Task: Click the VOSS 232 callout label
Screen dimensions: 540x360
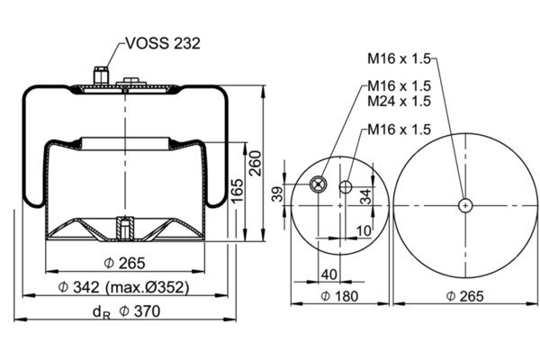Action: click(x=163, y=43)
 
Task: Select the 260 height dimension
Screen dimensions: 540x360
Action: click(x=256, y=163)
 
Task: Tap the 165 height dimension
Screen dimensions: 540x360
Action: click(x=237, y=191)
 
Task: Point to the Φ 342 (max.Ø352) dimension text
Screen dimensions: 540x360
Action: click(x=123, y=286)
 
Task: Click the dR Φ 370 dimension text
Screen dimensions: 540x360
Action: click(x=126, y=311)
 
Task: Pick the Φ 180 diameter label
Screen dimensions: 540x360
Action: click(x=339, y=296)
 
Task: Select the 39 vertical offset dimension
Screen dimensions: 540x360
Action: click(x=277, y=193)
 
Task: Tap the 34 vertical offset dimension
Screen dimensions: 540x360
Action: click(x=365, y=196)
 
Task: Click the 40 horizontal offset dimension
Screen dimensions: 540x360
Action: click(x=328, y=274)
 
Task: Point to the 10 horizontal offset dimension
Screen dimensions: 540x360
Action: click(x=364, y=230)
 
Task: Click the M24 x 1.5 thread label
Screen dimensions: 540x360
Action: click(x=399, y=101)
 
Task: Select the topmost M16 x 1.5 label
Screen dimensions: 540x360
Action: click(x=399, y=58)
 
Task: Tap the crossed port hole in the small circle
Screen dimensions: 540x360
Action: click(x=318, y=184)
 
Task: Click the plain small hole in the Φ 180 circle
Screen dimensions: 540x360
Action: click(x=346, y=186)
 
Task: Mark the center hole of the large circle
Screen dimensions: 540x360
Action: click(x=465, y=206)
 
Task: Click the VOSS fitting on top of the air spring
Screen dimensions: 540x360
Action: click(x=101, y=76)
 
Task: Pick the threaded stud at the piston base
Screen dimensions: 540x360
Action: click(x=125, y=228)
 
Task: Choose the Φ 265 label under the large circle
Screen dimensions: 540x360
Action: click(x=465, y=296)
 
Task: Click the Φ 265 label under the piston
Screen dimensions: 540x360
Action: click(x=124, y=264)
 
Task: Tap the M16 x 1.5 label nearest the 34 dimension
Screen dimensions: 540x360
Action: click(x=399, y=130)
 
